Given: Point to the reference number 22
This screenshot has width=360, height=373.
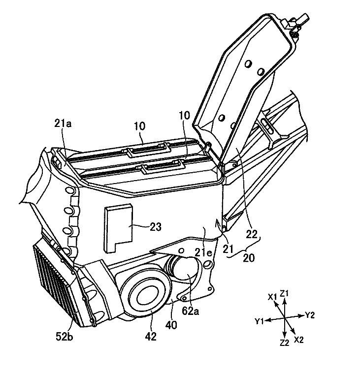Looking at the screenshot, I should (252, 235).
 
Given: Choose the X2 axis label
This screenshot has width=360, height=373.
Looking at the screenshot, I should (299, 340).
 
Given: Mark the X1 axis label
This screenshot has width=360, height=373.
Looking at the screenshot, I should (272, 297).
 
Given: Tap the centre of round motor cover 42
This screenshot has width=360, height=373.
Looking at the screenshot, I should (146, 298).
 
